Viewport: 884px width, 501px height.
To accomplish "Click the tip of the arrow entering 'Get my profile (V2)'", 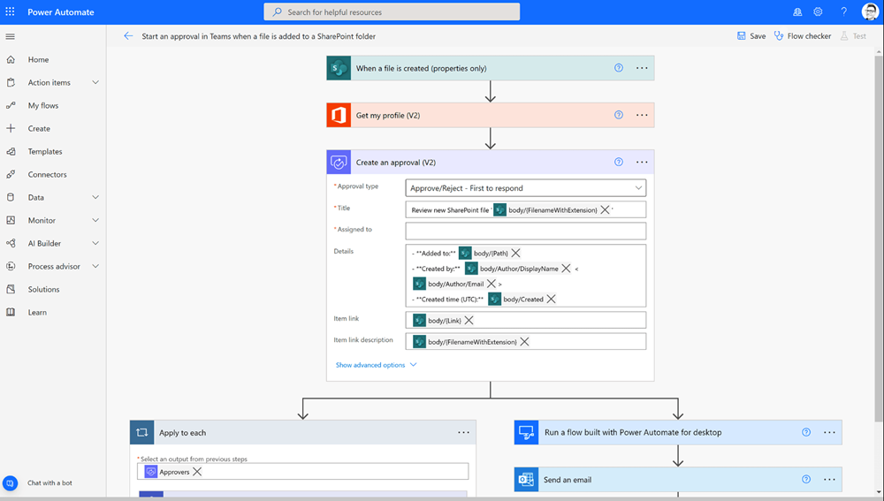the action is pyautogui.click(x=491, y=102).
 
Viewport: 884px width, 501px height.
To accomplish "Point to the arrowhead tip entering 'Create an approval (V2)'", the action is pyautogui.click(x=491, y=148).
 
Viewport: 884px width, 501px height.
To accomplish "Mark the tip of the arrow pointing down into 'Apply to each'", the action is pyautogui.click(x=303, y=420).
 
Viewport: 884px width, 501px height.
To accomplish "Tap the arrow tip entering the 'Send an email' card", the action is pyautogui.click(x=678, y=466).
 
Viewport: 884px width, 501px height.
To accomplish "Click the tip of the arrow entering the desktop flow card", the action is pyautogui.click(x=678, y=420).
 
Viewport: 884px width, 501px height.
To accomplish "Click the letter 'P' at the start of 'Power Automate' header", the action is pyautogui.click(x=30, y=11).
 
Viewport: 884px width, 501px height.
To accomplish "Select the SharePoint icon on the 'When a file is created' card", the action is pyautogui.click(x=339, y=68).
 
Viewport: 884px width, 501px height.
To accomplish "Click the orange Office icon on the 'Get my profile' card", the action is pyautogui.click(x=339, y=115).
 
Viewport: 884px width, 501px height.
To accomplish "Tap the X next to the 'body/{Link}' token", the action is pyautogui.click(x=469, y=320).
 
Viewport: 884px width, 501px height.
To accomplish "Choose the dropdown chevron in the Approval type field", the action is pyautogui.click(x=638, y=187).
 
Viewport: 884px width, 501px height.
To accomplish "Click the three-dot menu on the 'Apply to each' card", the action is pyautogui.click(x=463, y=432).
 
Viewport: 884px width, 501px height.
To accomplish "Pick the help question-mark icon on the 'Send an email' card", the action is pyautogui.click(x=806, y=479).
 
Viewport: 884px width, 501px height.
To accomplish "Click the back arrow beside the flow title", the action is pyautogui.click(x=128, y=36).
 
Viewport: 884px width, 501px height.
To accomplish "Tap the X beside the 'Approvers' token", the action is pyautogui.click(x=197, y=472).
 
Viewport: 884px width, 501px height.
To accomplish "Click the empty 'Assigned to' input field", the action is pyautogui.click(x=525, y=231).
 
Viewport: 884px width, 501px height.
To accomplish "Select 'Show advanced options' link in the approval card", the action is pyautogui.click(x=370, y=365).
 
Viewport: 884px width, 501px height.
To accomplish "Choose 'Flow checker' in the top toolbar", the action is pyautogui.click(x=809, y=36).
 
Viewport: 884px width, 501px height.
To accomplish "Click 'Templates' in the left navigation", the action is pyautogui.click(x=45, y=152).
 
